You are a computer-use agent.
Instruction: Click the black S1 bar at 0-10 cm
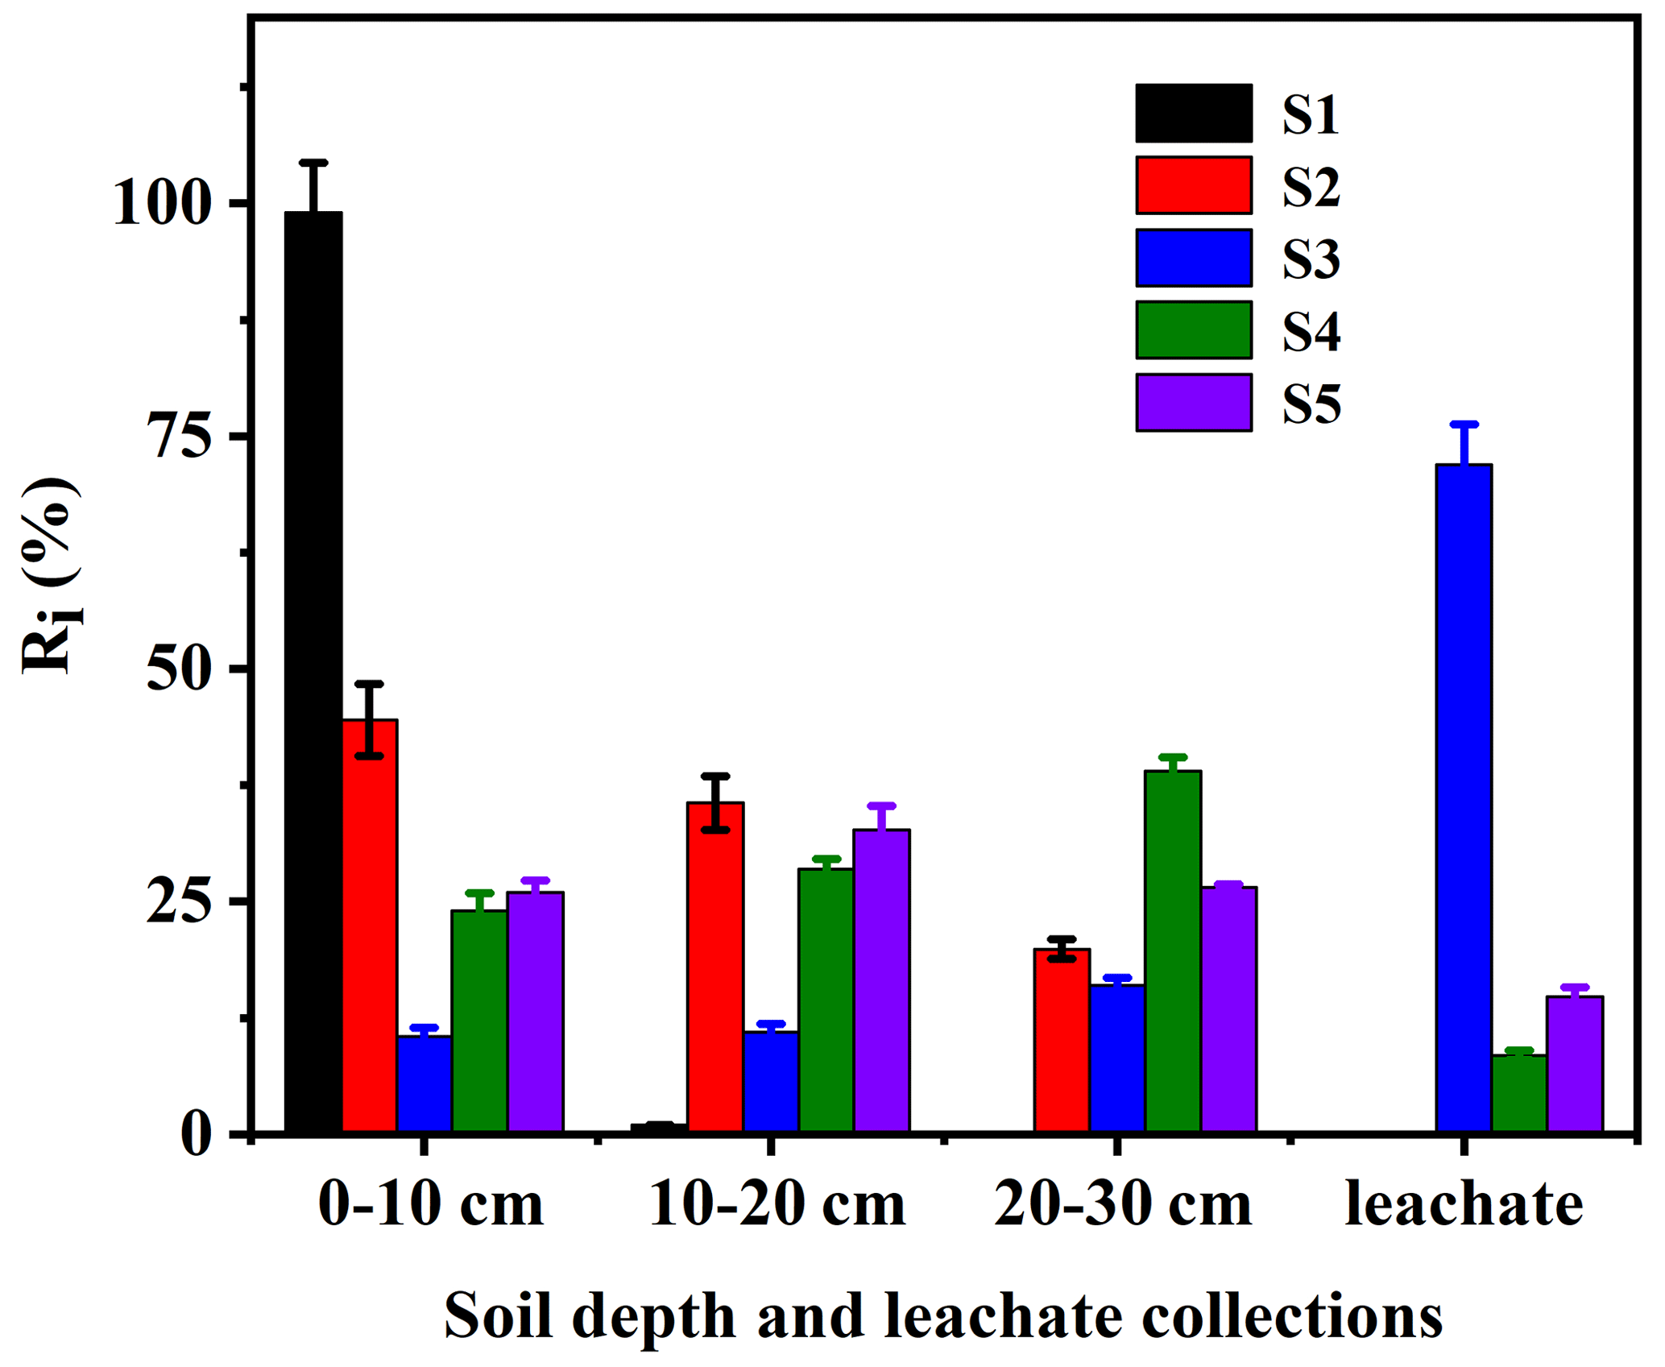point(313,673)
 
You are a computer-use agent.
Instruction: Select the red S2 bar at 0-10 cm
point(370,926)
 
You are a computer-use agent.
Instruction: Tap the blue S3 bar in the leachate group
point(1464,798)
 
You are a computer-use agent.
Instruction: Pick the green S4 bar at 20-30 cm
point(1173,951)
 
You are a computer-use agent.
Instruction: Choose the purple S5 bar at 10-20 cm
point(882,980)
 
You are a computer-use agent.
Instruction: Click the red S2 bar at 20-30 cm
point(1062,1041)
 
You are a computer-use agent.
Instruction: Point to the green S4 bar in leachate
point(1519,1093)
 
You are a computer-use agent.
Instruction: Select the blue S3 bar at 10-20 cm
point(771,1082)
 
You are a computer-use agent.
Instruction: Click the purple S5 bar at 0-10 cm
point(535,1012)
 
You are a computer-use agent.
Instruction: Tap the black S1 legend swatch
point(1194,113)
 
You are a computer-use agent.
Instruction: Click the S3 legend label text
point(1311,259)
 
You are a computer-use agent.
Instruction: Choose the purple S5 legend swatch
point(1194,403)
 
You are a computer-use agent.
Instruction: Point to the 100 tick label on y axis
point(162,203)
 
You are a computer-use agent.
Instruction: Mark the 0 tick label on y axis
point(197,1135)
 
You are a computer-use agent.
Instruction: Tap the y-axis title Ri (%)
point(50,576)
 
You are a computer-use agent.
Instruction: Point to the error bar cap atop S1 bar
point(313,163)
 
